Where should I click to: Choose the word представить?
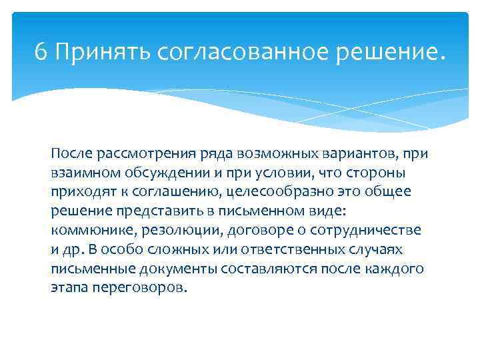tap(151, 211)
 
